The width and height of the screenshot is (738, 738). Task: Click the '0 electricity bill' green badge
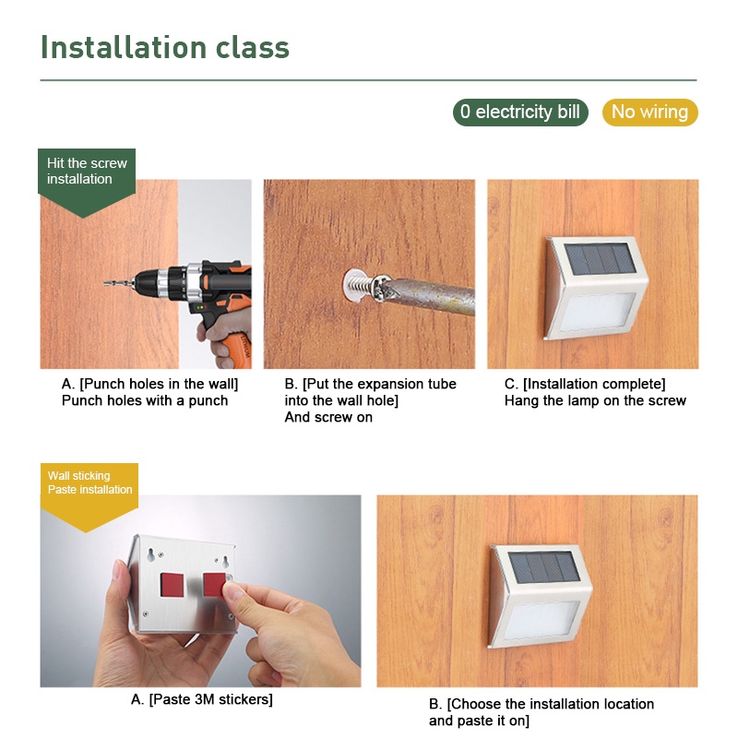pyautogui.click(x=520, y=112)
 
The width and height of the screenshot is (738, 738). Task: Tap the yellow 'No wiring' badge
pyautogui.click(x=649, y=112)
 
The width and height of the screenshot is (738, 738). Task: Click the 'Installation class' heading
pyautogui.click(x=165, y=48)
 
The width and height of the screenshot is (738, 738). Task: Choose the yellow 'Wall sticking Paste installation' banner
pyautogui.click(x=89, y=494)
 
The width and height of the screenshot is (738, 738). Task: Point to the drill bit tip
pyautogui.click(x=105, y=283)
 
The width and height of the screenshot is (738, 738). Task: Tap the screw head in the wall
pyautogui.click(x=380, y=288)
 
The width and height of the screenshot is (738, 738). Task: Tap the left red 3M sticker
pyautogui.click(x=172, y=584)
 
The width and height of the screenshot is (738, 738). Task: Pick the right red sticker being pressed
pyautogui.click(x=214, y=584)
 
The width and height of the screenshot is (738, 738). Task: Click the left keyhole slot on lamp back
pyautogui.click(x=150, y=555)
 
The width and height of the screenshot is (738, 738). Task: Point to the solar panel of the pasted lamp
pyautogui.click(x=544, y=567)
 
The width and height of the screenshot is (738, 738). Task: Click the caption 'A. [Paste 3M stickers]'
pyautogui.click(x=202, y=699)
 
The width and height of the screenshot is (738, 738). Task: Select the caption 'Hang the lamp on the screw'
pyautogui.click(x=595, y=400)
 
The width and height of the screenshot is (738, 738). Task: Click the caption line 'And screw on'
pyautogui.click(x=328, y=417)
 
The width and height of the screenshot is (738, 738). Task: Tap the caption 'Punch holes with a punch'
pyautogui.click(x=145, y=400)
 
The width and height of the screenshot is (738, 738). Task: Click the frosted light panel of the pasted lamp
pyautogui.click(x=542, y=620)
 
